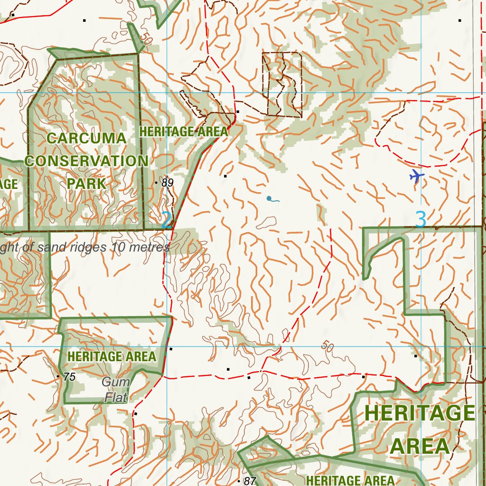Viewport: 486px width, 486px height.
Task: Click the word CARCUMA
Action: pos(87,139)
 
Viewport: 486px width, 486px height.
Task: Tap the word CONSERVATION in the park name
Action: pos(86,161)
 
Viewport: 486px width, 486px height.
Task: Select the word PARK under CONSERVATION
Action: pos(86,183)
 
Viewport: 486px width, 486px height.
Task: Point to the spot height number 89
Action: pos(167,183)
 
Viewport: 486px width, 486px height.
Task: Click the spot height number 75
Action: pos(69,377)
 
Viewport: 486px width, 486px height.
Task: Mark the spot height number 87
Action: pos(250,481)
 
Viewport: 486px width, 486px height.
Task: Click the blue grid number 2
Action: pos(166,220)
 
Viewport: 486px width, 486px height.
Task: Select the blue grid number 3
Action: pos(421,220)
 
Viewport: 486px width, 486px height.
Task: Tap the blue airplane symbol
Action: pos(417,177)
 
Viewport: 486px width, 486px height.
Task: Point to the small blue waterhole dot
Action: pos(269,198)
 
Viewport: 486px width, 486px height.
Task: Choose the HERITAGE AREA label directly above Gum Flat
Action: pos(112,356)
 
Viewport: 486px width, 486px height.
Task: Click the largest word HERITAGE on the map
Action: pos(420,413)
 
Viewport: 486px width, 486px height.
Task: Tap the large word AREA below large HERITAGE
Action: pos(420,447)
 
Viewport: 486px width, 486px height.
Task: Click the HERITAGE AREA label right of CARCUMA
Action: pos(184,131)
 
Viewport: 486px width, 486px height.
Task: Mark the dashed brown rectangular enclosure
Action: pos(282,84)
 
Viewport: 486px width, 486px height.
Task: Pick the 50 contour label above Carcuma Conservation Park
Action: pos(146,41)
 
